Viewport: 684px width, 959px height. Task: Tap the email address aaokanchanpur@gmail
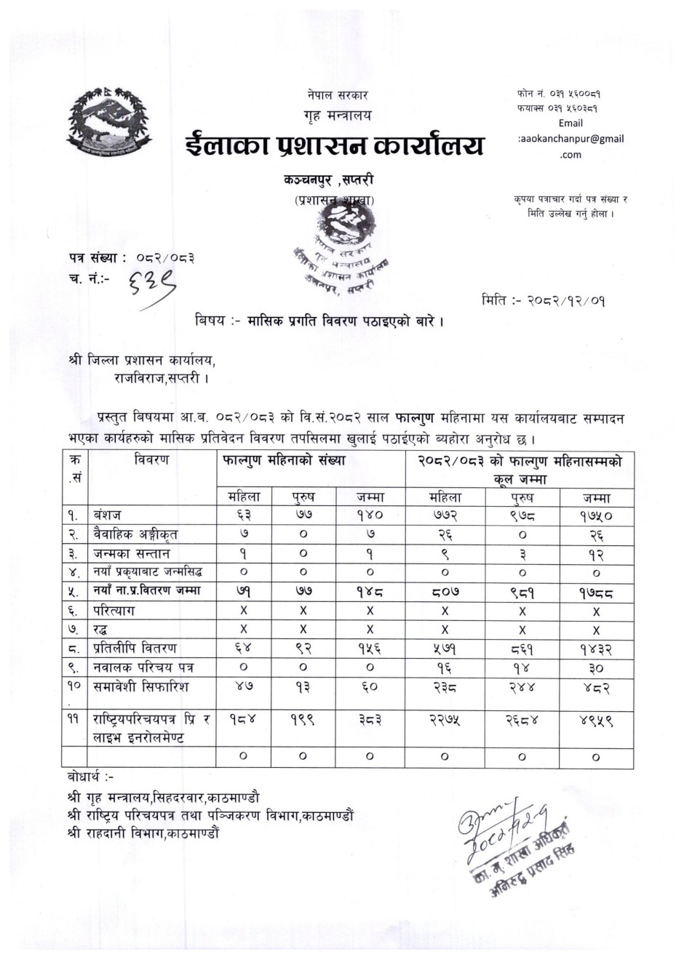click(x=571, y=138)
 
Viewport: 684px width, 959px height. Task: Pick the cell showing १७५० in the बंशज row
click(x=596, y=515)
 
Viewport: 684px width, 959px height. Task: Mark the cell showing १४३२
click(x=596, y=649)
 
